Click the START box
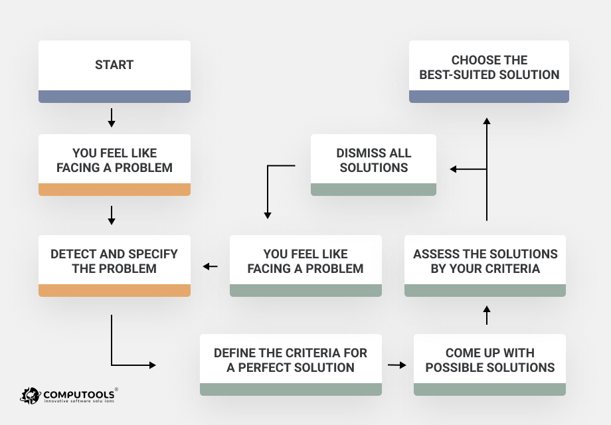114,66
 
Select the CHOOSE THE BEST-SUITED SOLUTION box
489,68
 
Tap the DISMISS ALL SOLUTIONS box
374,160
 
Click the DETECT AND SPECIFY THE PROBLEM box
114,262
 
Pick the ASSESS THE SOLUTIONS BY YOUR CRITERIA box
485,262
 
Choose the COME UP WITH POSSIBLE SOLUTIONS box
489,360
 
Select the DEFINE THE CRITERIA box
291,360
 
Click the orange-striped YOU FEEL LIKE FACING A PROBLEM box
114,161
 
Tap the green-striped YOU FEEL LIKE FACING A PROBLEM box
305,262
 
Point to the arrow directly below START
112,118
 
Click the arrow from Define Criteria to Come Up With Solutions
397,365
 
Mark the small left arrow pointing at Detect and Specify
210,266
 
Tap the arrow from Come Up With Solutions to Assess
487,315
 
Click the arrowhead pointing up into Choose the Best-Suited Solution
487,122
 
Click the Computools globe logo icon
31,396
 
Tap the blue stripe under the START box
114,96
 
